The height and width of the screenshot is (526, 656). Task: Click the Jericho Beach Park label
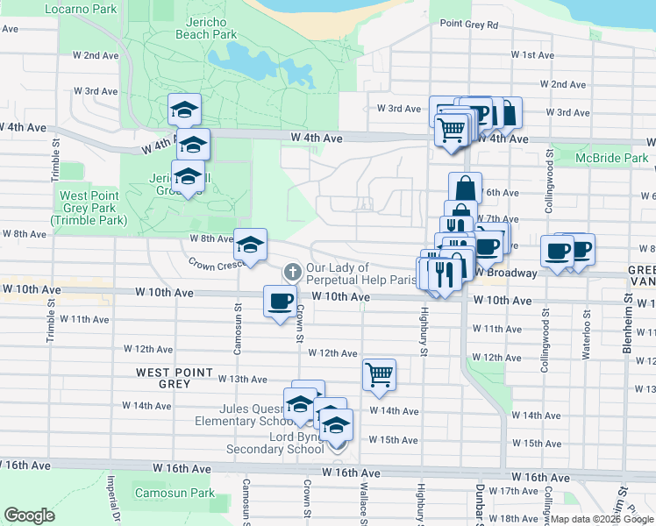tap(212, 27)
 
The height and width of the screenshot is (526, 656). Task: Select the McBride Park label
tap(611, 159)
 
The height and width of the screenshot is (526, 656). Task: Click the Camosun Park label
tap(175, 494)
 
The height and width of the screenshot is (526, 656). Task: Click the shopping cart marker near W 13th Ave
tap(379, 374)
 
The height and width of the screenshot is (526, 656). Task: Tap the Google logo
tap(29, 515)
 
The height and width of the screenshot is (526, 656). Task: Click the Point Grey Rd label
tap(468, 25)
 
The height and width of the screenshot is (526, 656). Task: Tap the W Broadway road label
tap(506, 273)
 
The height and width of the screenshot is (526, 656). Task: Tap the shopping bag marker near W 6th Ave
tap(465, 188)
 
